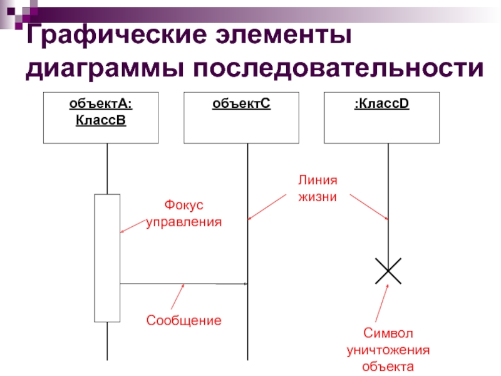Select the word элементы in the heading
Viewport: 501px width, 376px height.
click(x=284, y=34)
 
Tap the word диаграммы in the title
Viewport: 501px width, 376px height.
click(x=105, y=69)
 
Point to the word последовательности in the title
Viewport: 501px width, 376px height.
click(x=338, y=68)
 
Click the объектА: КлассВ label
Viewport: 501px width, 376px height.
click(x=101, y=112)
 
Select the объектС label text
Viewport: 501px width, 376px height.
click(x=241, y=103)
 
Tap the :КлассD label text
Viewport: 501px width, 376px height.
click(x=381, y=103)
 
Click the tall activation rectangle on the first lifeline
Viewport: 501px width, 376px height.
click(x=107, y=258)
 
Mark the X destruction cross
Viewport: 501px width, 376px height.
click(x=388, y=271)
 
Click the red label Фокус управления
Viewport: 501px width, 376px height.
click(x=184, y=213)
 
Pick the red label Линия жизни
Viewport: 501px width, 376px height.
click(x=318, y=189)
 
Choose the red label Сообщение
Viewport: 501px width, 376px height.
click(x=184, y=320)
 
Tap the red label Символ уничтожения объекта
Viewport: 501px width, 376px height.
click(x=388, y=350)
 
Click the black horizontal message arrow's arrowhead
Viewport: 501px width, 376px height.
click(x=245, y=284)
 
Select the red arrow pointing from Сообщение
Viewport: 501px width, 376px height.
click(x=178, y=296)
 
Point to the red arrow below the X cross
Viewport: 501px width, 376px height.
click(x=382, y=303)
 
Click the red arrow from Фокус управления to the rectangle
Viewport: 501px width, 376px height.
click(x=133, y=226)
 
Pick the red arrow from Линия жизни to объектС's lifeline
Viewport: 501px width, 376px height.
click(x=267, y=207)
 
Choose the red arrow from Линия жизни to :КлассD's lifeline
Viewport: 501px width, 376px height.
click(x=369, y=207)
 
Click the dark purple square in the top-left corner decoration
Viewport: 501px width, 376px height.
click(x=11, y=11)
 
